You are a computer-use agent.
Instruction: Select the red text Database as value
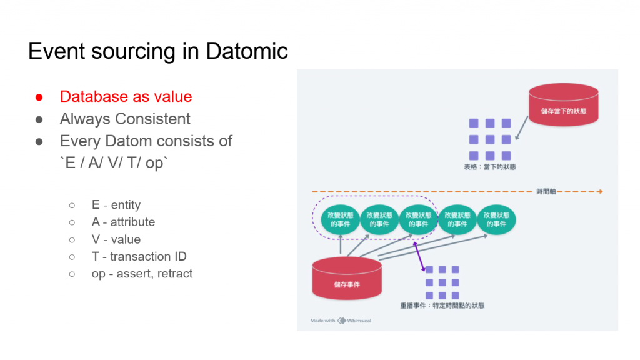coord(126,96)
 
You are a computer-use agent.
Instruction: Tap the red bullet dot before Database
coord(39,97)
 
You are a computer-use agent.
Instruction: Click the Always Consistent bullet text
coord(125,119)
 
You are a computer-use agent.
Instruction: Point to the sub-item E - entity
coord(116,205)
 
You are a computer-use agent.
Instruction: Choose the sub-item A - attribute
coord(123,222)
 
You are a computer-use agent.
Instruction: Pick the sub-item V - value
coord(116,239)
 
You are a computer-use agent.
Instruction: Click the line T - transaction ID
coord(139,256)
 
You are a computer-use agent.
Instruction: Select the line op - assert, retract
coord(142,274)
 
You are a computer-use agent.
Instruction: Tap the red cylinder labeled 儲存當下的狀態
coord(563,103)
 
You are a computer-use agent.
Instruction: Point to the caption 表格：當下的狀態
coord(490,167)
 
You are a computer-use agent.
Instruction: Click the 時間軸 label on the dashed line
coord(546,191)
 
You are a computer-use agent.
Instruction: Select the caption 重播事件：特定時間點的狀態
coord(442,306)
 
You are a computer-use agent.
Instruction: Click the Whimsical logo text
coord(359,321)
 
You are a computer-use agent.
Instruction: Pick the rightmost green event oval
coord(496,219)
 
